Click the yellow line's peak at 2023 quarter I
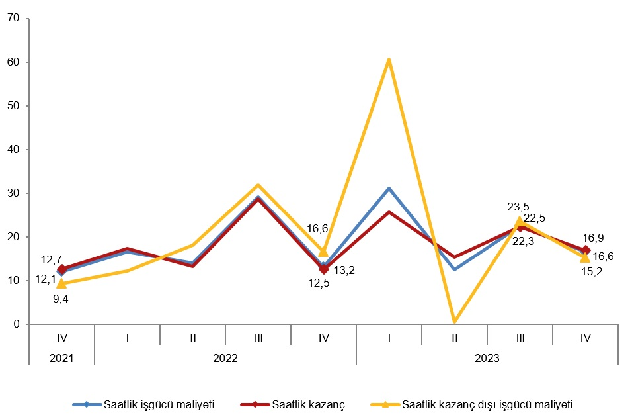[x=389, y=60]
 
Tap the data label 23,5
[x=518, y=207]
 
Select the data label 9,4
[x=60, y=299]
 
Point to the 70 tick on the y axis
[x=13, y=19]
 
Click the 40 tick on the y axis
[x=13, y=150]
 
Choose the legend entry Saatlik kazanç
[x=307, y=403]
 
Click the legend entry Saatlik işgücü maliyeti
[x=159, y=403]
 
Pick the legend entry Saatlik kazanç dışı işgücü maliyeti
[x=486, y=403]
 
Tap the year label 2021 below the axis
[x=61, y=358]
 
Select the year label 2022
[x=225, y=358]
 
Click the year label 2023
[x=487, y=358]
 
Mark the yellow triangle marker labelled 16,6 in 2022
[x=323, y=252]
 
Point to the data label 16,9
[x=593, y=238]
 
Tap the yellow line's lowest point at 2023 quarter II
[x=454, y=321]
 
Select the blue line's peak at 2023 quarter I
[x=389, y=189]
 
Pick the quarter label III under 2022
[x=258, y=338]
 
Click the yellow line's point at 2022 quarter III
[x=258, y=185]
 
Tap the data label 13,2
[x=344, y=270]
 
